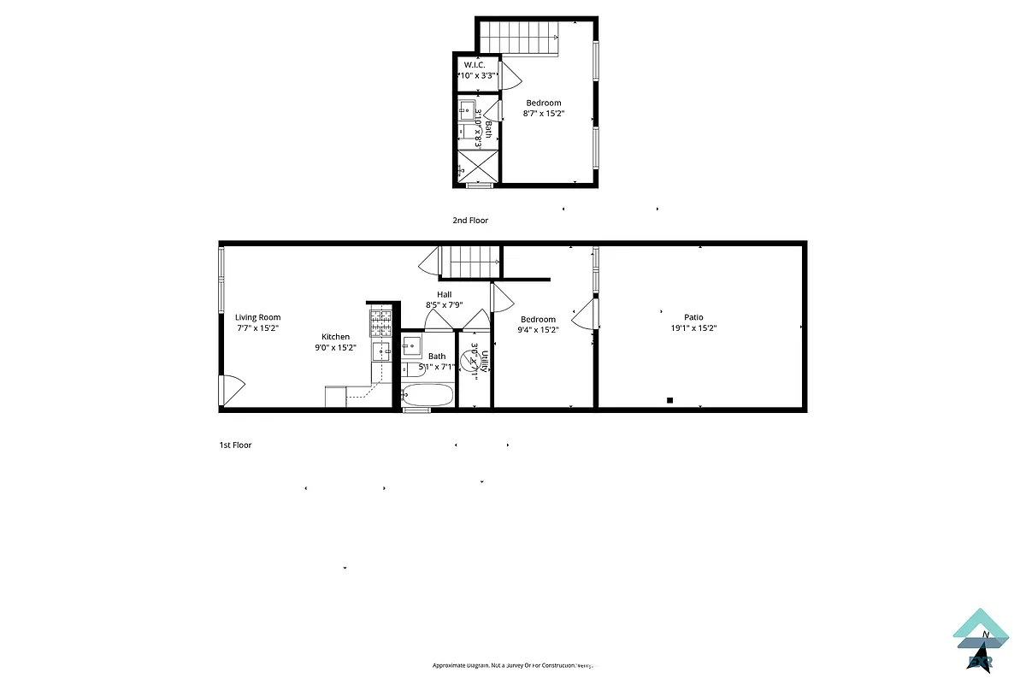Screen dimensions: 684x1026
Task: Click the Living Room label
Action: tap(257, 317)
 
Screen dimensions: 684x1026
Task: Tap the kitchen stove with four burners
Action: tap(380, 322)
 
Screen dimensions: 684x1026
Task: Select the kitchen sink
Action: tap(380, 350)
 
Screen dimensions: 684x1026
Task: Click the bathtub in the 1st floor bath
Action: tap(427, 395)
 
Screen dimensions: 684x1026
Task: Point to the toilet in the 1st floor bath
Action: tap(412, 369)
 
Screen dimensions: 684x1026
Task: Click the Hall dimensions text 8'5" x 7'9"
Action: tap(444, 304)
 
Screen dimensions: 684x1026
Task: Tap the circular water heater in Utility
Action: tap(470, 362)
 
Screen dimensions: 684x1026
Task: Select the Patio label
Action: tap(693, 317)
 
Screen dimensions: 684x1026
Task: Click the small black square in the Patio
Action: tap(670, 400)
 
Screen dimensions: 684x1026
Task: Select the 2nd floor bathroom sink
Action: tap(467, 109)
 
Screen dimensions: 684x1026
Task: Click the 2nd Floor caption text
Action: tap(470, 221)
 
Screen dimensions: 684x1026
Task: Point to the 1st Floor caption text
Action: tap(236, 445)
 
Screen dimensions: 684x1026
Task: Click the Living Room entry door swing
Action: tap(233, 389)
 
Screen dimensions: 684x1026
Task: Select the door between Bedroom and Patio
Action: tap(585, 314)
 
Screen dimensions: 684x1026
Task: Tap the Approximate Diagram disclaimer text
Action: tap(512, 665)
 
